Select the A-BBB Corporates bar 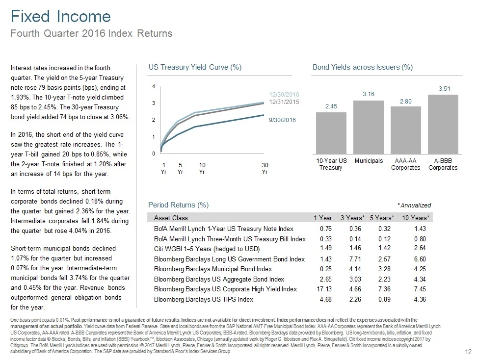coord(443,125)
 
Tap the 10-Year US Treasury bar coord(331,133)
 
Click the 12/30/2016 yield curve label coord(284,94)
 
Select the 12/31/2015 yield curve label coord(284,102)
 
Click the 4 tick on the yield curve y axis coord(154,87)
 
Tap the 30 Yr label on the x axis coord(265,168)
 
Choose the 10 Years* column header coord(416,218)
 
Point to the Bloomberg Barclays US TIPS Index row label coord(204,299)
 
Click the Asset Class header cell coord(171,218)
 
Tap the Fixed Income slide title coord(61,17)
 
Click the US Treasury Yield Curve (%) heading coord(195,67)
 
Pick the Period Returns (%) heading coord(178,204)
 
